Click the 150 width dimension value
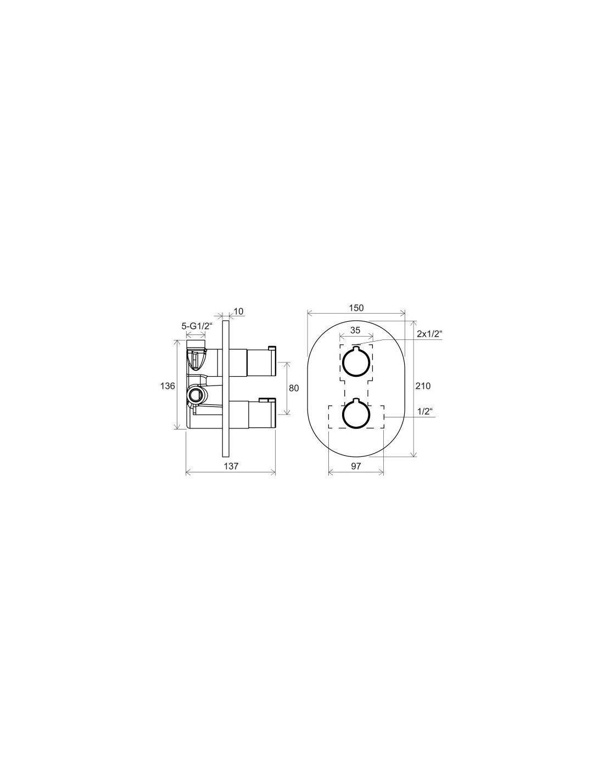tap(356, 308)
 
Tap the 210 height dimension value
tap(423, 386)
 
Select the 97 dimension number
tap(355, 466)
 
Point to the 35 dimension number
tap(355, 330)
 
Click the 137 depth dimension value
tap(231, 466)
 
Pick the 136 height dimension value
tap(167, 386)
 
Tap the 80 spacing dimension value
tap(294, 388)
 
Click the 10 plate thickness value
tap(239, 311)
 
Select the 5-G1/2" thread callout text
tap(197, 326)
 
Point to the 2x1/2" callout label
tap(429, 334)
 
